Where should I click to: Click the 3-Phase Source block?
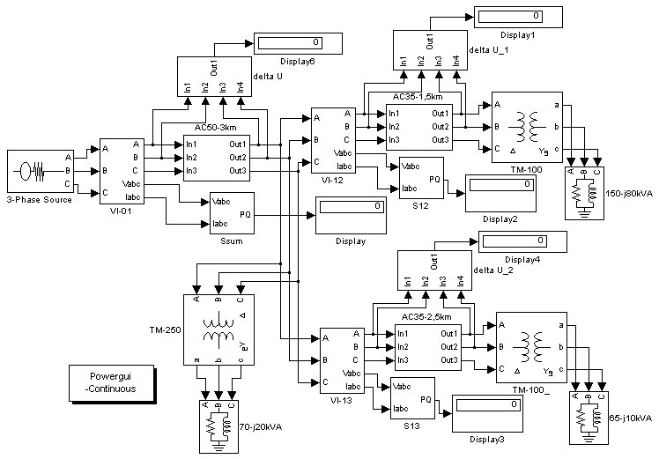(41, 171)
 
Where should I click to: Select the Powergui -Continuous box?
(112, 383)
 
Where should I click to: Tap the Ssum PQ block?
(232, 213)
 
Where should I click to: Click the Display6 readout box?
(298, 43)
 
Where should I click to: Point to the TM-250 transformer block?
(218, 329)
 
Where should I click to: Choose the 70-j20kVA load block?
(218, 426)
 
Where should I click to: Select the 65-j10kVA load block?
(589, 418)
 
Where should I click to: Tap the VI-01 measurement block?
(122, 171)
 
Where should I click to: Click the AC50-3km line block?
(217, 158)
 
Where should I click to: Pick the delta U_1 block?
(430, 50)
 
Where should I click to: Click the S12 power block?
(421, 178)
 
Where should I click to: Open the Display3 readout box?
(487, 413)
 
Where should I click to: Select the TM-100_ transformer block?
(531, 347)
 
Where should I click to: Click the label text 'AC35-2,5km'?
(426, 316)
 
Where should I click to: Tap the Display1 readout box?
(518, 18)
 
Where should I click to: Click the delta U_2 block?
(434, 270)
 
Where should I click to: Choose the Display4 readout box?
(522, 241)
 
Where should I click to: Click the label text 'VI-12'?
(332, 181)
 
